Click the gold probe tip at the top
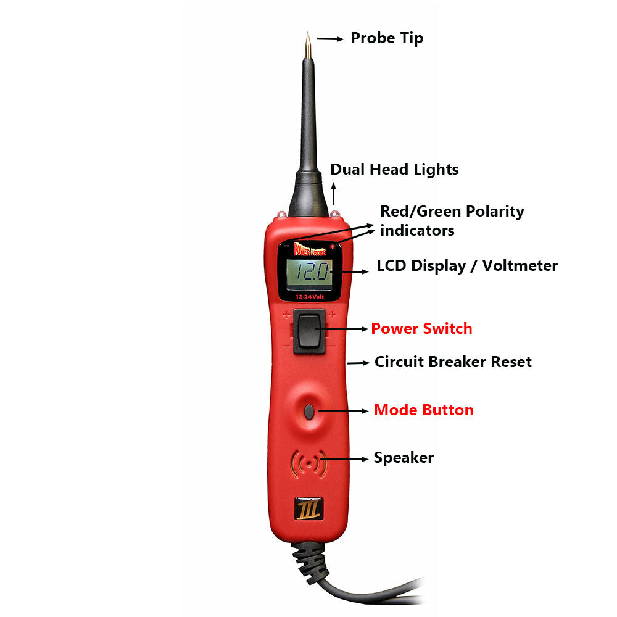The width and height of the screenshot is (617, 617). click(x=307, y=46)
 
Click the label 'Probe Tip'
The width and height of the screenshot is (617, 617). click(x=387, y=38)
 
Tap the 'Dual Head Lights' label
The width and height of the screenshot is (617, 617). click(x=394, y=169)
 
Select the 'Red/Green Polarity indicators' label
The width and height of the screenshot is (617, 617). click(x=452, y=220)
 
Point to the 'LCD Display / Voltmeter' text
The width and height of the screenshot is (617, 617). click(x=467, y=266)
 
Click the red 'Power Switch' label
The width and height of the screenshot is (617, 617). click(x=421, y=329)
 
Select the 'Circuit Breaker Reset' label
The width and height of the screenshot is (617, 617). click(x=453, y=362)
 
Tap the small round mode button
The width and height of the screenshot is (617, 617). click(x=310, y=410)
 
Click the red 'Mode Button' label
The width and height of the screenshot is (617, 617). click(x=424, y=410)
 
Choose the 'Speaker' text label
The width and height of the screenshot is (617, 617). click(x=404, y=458)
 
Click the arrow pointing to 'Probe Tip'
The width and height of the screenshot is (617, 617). click(x=331, y=38)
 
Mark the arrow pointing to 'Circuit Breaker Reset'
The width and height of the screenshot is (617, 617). click(x=358, y=363)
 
